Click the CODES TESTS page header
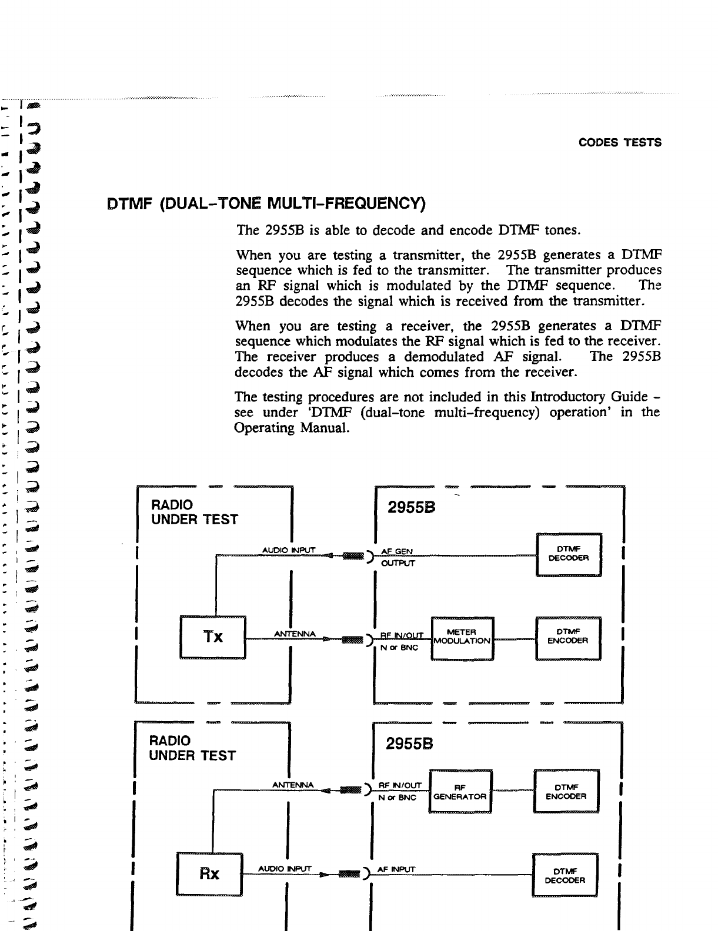(620, 143)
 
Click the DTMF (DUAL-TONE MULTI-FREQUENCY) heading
(265, 205)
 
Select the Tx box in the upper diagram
(213, 637)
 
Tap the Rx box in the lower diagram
(209, 874)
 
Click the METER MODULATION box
(462, 637)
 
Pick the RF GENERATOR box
(460, 792)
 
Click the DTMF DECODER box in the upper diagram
(568, 554)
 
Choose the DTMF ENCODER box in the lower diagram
(566, 792)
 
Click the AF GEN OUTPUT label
(397, 557)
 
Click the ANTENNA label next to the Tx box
(296, 634)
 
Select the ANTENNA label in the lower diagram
(294, 785)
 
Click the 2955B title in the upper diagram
(412, 508)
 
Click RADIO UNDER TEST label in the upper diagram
(194, 512)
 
